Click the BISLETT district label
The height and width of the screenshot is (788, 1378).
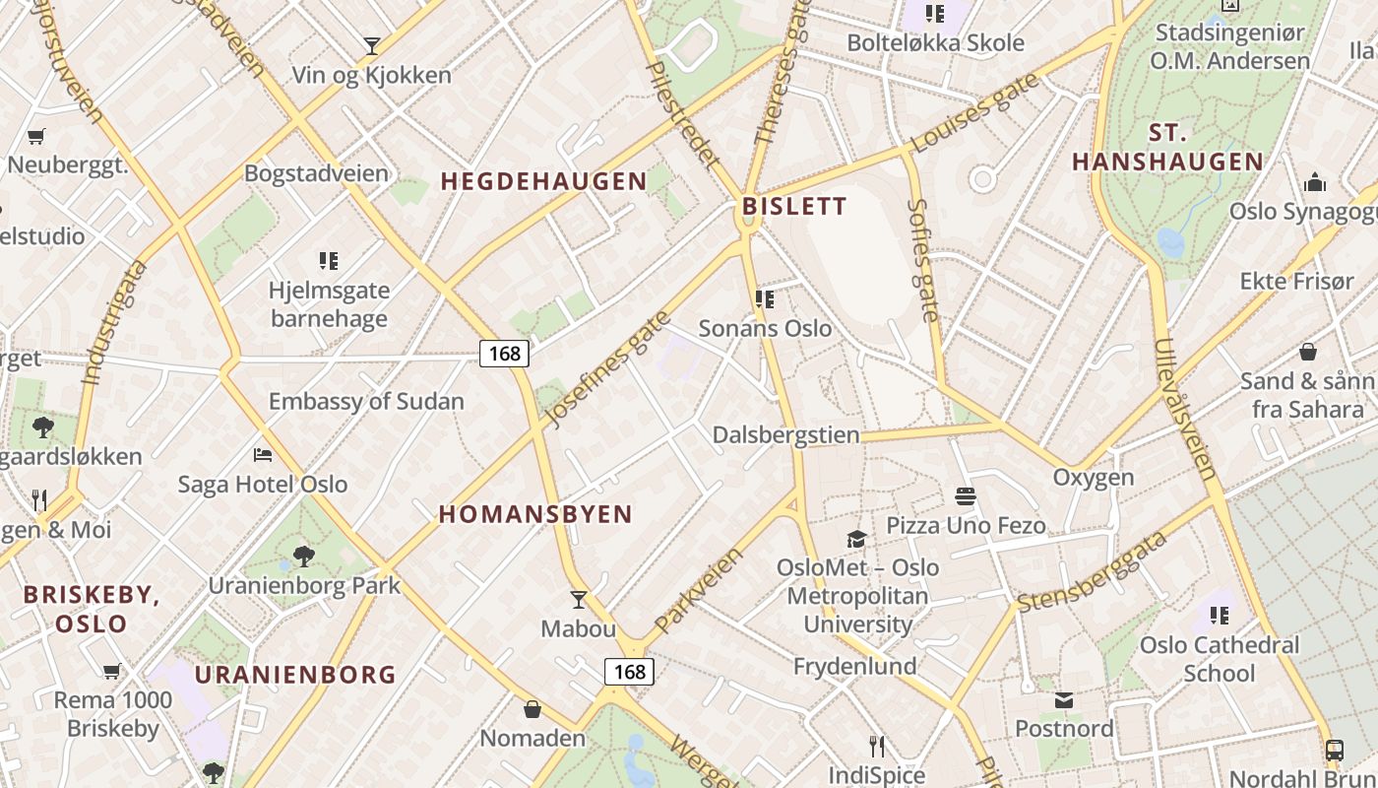point(794,206)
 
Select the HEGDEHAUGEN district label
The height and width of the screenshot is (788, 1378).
point(543,181)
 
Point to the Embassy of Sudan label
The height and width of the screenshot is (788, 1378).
point(366,401)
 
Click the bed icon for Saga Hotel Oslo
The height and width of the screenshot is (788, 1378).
point(263,454)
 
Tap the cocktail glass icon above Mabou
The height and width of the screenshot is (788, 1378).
point(579,599)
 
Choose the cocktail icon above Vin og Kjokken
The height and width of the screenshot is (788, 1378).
point(371,45)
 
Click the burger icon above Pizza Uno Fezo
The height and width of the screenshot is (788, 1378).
point(965,496)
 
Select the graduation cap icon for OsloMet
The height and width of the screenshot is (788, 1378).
point(856,539)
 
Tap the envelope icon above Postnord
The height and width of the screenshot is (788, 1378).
point(1064,699)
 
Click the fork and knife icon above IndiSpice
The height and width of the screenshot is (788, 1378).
point(876,746)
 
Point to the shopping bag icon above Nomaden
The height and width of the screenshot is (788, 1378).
point(532,708)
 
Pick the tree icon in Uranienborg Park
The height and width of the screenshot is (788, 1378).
point(303,556)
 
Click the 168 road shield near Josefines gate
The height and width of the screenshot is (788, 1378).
point(504,353)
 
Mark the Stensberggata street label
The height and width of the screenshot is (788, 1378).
point(1092,571)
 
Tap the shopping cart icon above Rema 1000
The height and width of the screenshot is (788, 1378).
point(112,671)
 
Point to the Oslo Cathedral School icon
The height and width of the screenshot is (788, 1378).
point(1220,616)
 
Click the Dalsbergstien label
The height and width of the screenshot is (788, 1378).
point(785,434)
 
